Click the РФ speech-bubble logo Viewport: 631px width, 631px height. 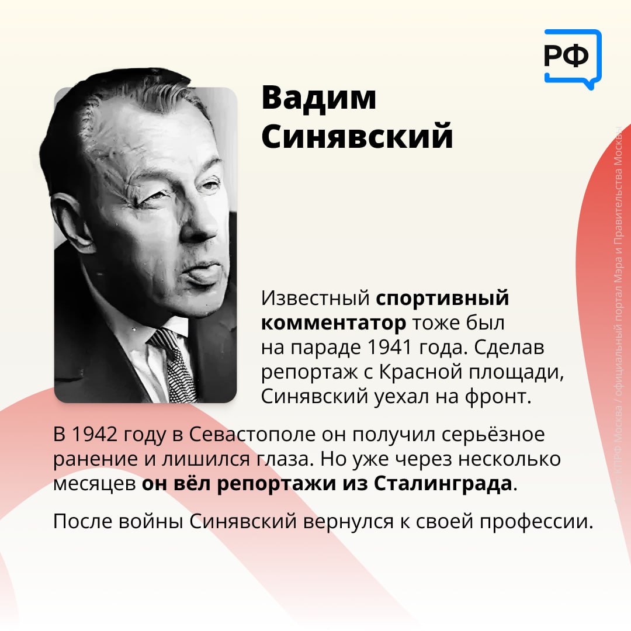(571, 57)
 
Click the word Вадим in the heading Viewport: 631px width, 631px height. (319, 98)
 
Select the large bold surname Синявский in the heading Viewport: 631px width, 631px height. (357, 137)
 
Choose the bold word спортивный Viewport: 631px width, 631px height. (442, 299)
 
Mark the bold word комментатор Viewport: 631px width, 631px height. (333, 323)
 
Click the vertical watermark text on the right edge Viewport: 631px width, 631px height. (620, 315)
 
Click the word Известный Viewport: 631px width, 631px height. (315, 299)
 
